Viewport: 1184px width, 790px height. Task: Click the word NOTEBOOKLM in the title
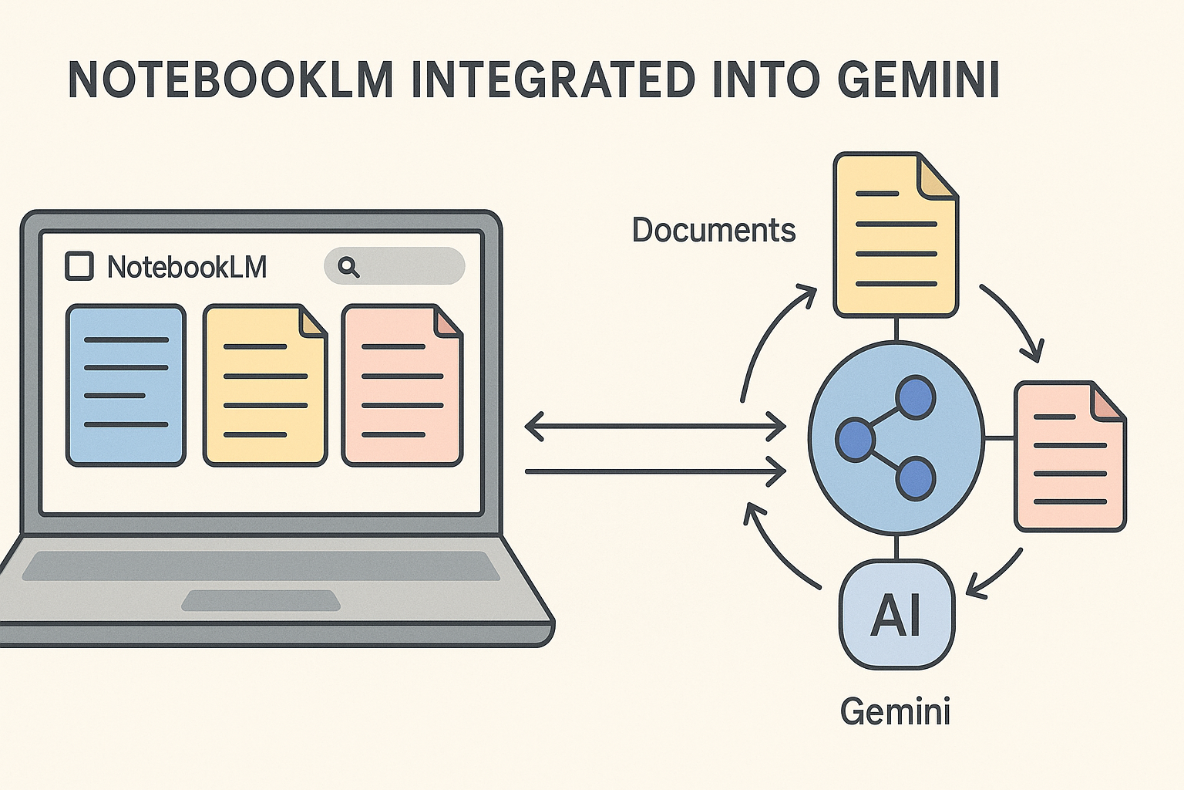(x=231, y=79)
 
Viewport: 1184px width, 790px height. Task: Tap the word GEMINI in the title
(x=918, y=79)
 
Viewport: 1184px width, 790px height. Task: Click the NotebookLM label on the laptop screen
(x=187, y=267)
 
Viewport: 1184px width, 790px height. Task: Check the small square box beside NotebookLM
(x=79, y=266)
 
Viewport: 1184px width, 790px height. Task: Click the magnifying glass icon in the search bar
(x=348, y=267)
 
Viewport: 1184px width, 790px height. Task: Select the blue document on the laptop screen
(x=126, y=385)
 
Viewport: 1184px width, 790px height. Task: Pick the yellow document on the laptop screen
(x=264, y=385)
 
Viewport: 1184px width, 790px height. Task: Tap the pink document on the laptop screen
(x=402, y=385)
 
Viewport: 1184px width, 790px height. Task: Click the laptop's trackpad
(x=261, y=600)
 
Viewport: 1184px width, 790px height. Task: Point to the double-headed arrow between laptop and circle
(x=654, y=426)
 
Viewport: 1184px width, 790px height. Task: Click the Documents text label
(x=713, y=230)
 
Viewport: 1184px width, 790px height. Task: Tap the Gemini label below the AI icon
(x=895, y=711)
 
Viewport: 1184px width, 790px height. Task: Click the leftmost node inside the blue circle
(x=855, y=440)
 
